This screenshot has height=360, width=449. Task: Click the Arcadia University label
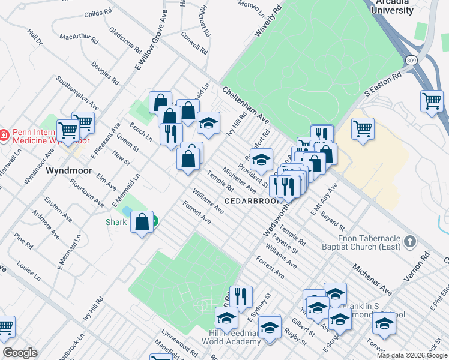click(x=393, y=7)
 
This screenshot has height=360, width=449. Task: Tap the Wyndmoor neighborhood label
click(x=69, y=170)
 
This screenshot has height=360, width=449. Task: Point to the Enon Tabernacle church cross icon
click(x=411, y=242)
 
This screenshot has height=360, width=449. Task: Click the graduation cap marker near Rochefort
click(x=261, y=160)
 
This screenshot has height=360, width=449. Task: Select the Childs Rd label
click(x=98, y=12)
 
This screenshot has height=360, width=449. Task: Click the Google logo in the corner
click(x=20, y=353)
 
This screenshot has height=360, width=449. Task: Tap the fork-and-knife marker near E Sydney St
click(x=240, y=296)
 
